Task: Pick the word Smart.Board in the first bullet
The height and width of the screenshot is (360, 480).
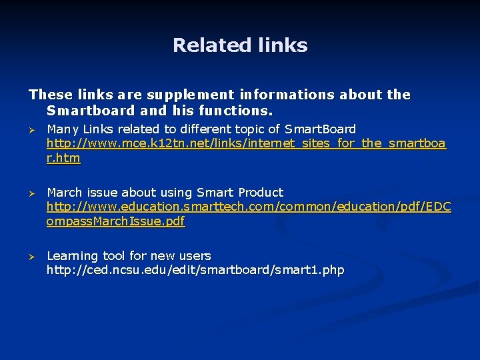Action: pos(321,129)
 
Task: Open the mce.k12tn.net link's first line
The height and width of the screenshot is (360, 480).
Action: pos(246,143)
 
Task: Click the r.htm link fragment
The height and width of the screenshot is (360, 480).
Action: pos(63,158)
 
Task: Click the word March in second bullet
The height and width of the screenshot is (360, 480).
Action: pos(65,193)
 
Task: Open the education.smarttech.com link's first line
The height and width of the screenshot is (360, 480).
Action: pos(249,207)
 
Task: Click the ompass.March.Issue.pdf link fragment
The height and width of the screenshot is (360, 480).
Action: pos(115,221)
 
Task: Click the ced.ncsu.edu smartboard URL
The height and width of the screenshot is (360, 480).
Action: pos(195,271)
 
